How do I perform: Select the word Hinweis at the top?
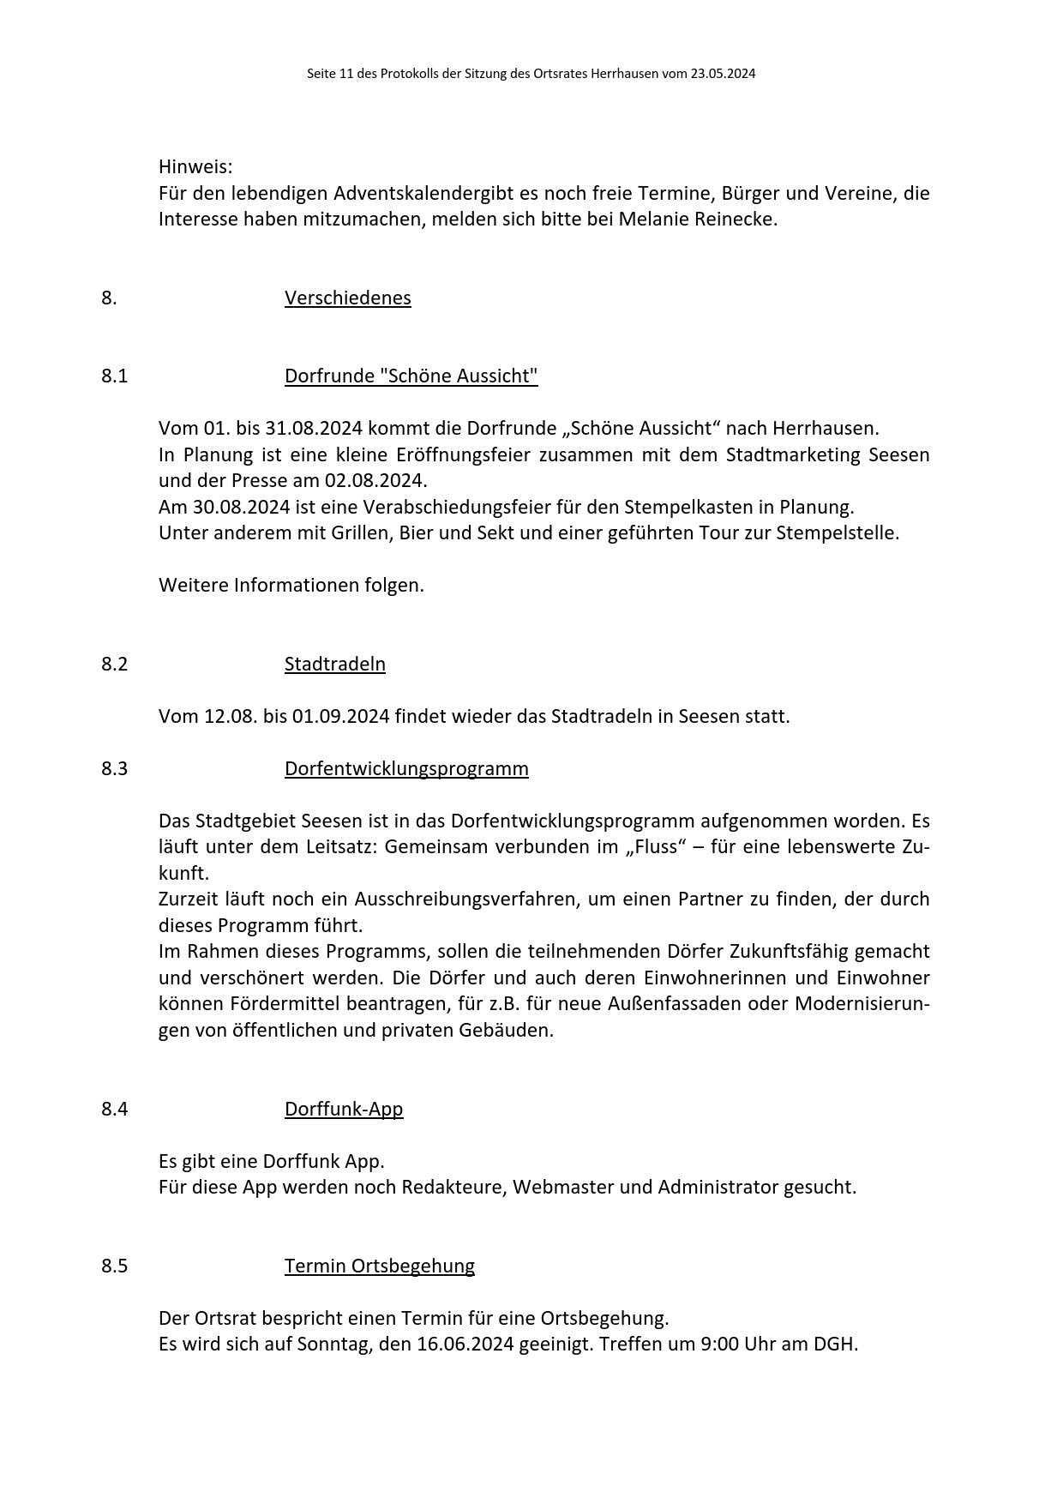195,166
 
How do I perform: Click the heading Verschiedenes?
347,298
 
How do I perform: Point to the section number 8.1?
114,376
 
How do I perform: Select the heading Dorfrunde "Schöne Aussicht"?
411,376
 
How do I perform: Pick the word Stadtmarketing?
793,454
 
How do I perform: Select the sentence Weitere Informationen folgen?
291,586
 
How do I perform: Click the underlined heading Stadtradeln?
334,664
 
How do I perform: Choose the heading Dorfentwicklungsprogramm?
406,768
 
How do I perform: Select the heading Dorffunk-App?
343,1109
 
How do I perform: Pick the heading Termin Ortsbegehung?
379,1266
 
